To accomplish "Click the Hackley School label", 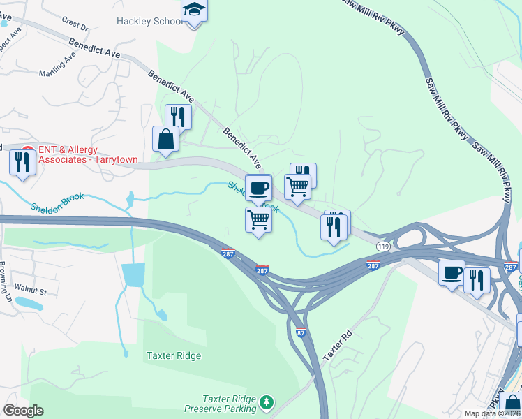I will (150, 22).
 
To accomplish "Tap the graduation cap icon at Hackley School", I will (195, 10).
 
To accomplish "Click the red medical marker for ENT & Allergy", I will (28, 150).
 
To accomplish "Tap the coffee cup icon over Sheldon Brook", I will (258, 187).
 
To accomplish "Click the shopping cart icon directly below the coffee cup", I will (258, 219).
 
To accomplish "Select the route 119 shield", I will (382, 247).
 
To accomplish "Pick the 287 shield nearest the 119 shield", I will (373, 265).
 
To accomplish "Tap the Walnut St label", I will (33, 291).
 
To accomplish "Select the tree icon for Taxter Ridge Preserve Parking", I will (265, 402).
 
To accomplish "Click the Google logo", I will (23, 411).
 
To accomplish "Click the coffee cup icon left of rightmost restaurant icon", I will (452, 271).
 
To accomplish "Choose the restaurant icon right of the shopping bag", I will (178, 116).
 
